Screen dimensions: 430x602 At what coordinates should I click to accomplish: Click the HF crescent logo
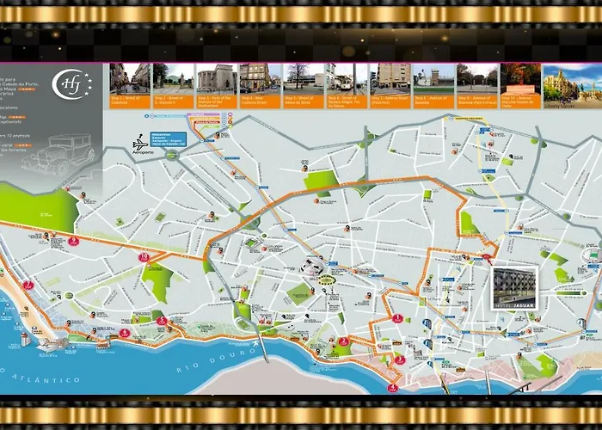68,84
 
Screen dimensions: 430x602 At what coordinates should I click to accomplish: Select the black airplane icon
141,140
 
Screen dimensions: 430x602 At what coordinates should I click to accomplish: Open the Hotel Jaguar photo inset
514,287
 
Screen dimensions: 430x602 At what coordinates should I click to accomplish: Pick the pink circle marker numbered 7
74,242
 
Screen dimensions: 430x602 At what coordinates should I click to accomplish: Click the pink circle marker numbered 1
397,317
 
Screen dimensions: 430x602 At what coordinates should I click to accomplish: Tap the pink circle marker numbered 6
126,332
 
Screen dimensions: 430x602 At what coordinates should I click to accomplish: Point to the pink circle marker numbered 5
163,321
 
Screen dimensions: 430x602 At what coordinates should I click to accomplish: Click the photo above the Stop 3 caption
216,78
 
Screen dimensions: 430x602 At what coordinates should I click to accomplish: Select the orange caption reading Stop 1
130,100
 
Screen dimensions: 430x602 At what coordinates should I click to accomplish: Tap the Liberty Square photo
563,83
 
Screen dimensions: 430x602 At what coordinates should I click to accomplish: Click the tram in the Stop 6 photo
345,83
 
